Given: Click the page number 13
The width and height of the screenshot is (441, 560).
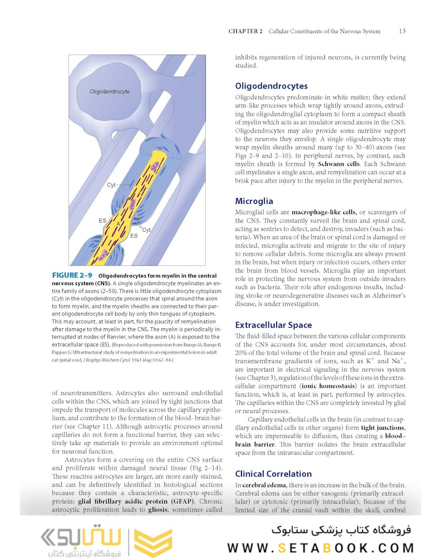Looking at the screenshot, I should click(402, 31).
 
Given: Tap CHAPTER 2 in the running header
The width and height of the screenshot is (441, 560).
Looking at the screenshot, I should click(246, 31).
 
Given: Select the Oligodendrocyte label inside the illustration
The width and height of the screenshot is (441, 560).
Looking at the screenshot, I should click(109, 92).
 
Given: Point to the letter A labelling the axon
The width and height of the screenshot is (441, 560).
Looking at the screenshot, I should click(118, 223).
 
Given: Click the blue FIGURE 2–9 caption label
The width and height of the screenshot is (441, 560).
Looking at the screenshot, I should click(73, 275).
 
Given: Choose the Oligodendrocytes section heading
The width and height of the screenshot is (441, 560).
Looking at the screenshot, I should click(271, 86).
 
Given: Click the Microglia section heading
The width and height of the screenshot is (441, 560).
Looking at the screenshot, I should click(254, 201).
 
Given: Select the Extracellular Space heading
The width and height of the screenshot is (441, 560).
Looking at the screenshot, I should click(273, 325).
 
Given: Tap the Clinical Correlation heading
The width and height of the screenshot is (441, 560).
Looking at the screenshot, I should click(273, 473).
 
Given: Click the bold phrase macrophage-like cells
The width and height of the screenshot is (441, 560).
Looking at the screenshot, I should click(324, 213).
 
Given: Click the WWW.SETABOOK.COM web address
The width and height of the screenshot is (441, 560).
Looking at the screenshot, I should click(320, 548).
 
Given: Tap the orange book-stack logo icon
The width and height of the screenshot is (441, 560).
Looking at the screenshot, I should click(153, 542).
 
